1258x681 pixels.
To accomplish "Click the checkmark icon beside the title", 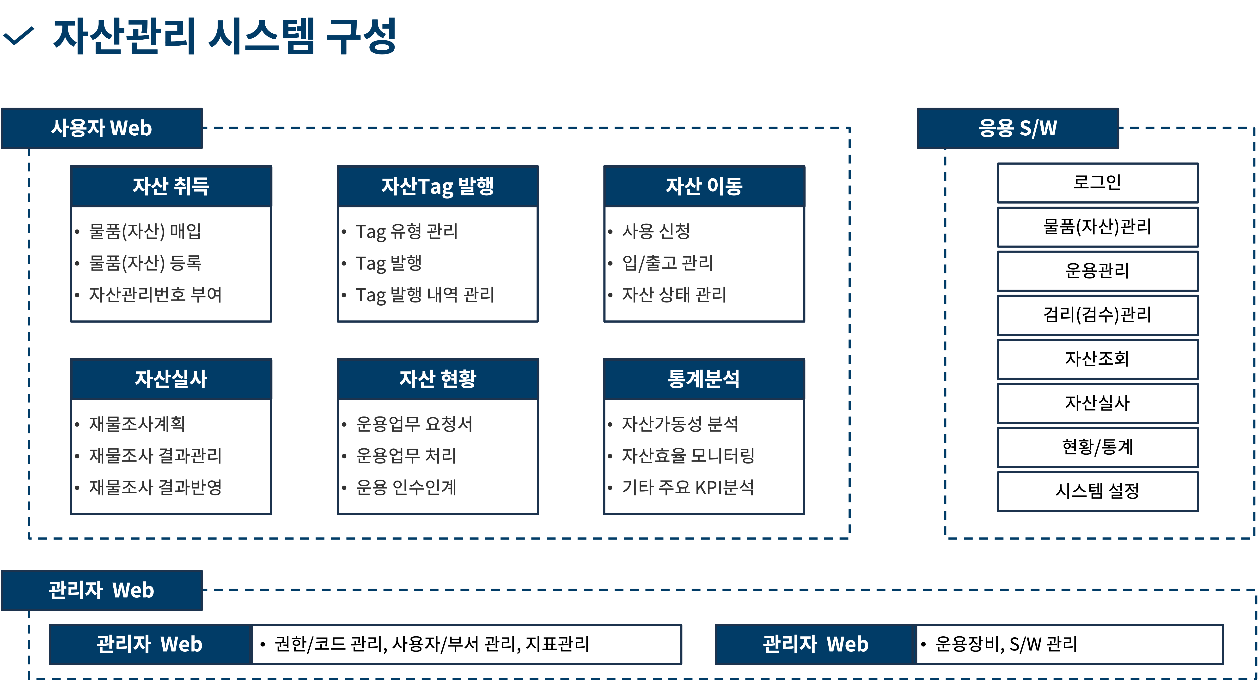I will pos(18,36).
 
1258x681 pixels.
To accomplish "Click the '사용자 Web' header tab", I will pos(102,128).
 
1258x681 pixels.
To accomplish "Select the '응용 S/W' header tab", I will pos(1018,128).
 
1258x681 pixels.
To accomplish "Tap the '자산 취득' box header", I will pos(171,186).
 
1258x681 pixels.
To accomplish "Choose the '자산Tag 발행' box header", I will pos(438,186).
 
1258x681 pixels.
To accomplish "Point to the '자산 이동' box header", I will pos(704,186).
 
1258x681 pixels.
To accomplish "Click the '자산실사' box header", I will pos(171,379).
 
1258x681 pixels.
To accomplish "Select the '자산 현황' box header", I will pos(438,379).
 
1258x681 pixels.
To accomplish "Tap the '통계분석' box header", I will pos(704,379).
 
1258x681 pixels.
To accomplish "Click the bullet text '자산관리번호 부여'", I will pos(155,294).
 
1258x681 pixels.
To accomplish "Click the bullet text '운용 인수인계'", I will pos(406,487).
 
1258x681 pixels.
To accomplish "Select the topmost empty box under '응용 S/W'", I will pos(1098,183).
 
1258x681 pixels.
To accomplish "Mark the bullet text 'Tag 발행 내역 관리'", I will pos(425,294).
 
